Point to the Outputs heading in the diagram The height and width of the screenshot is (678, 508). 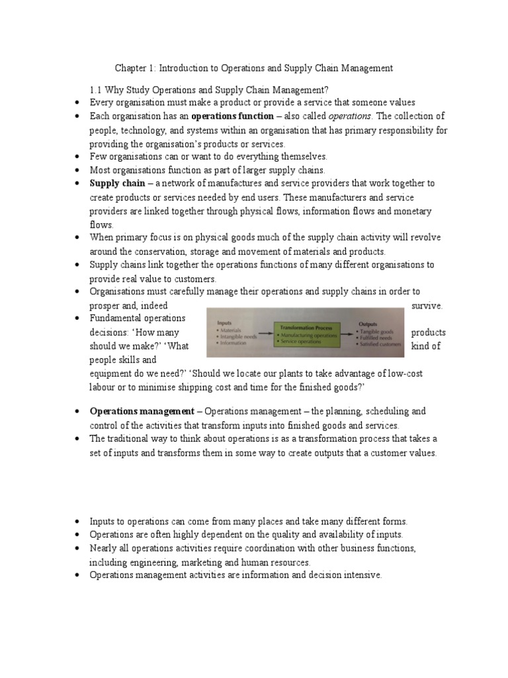click(367, 324)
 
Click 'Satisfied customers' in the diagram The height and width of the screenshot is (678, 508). click(379, 345)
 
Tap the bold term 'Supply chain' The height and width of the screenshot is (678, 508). click(117, 183)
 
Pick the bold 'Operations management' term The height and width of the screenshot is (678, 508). click(142, 411)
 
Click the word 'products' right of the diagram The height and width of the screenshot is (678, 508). click(428, 332)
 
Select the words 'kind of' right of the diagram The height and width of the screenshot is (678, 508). click(426, 346)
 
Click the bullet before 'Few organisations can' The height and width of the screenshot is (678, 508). click(77, 157)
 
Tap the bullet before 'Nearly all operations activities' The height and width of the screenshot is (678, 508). click(77, 548)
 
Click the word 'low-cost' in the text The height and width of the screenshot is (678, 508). click(404, 373)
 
